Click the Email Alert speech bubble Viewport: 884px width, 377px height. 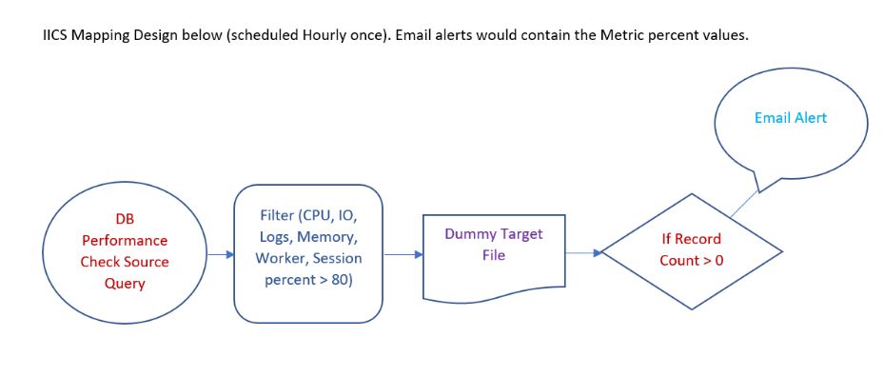[x=790, y=119]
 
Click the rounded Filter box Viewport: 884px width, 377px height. [x=308, y=252]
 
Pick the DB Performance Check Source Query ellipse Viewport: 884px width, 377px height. [x=125, y=251]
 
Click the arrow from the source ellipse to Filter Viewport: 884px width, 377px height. [x=220, y=254]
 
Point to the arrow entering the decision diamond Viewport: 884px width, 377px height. [x=583, y=253]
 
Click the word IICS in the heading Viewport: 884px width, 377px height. [x=57, y=35]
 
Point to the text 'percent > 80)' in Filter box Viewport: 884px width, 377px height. [x=308, y=281]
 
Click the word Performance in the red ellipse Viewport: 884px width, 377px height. [x=125, y=241]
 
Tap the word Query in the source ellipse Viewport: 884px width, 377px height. [x=125, y=283]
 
